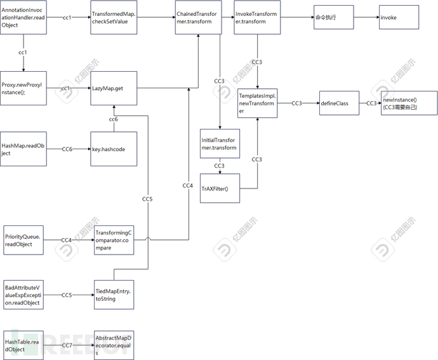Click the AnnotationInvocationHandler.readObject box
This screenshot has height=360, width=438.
(x=23, y=18)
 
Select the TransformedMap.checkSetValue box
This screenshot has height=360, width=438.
(x=112, y=18)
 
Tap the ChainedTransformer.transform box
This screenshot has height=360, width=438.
(x=199, y=18)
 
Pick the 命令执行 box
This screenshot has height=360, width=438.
(x=333, y=17)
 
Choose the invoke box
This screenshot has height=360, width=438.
(x=399, y=17)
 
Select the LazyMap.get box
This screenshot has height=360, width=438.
(x=112, y=88)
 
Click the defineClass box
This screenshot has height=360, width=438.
(x=339, y=103)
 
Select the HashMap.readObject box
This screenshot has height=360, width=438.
(x=23, y=149)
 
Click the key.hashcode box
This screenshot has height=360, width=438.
(x=112, y=149)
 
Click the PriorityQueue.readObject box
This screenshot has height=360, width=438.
(x=23, y=240)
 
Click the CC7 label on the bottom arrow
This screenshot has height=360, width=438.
(x=67, y=345)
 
